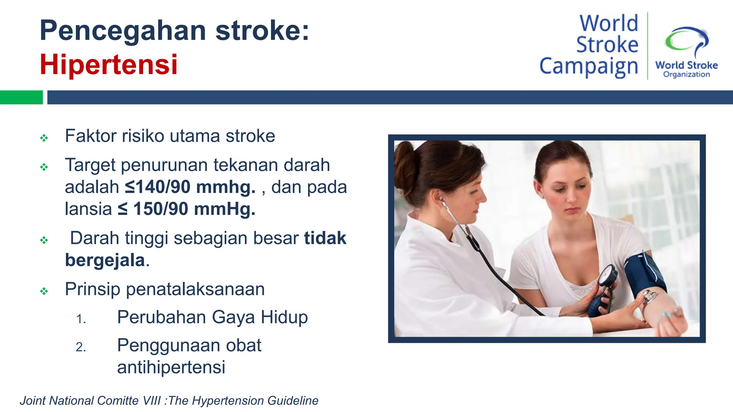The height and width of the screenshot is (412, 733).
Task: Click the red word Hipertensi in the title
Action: tap(108, 65)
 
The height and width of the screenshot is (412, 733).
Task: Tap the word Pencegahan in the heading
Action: tap(123, 31)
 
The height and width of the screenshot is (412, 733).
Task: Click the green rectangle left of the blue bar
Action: tap(21, 97)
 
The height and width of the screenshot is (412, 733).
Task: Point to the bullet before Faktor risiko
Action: tap(44, 138)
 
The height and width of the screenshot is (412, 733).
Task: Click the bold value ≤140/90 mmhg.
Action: tap(190, 187)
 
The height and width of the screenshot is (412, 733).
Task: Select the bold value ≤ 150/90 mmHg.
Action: tap(186, 209)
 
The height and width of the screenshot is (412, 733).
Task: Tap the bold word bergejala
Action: tap(105, 260)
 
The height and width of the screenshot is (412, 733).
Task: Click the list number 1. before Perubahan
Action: tap(81, 319)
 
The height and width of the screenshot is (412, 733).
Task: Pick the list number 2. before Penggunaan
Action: tap(81, 347)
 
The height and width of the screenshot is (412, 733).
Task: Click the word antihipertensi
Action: tap(171, 367)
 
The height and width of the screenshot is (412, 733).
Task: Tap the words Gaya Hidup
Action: tap(259, 317)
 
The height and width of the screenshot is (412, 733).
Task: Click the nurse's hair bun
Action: tap(405, 161)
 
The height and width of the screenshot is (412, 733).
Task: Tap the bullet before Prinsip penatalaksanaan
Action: tap(44, 291)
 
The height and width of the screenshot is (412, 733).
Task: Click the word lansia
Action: tap(88, 209)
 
